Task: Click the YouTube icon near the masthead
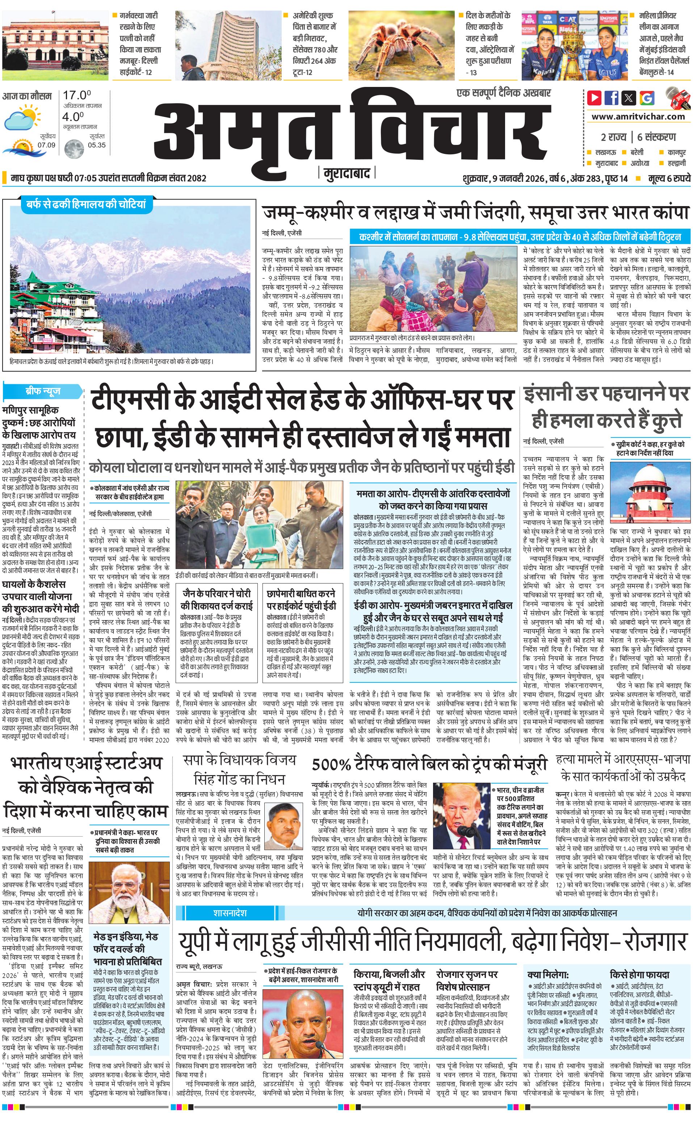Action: [x=595, y=98]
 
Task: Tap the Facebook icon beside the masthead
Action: [x=612, y=98]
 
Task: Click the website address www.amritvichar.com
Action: [x=638, y=117]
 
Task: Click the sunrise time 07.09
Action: [x=46, y=145]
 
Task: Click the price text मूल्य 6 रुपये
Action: [x=669, y=178]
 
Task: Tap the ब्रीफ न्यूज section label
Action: [x=43, y=391]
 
